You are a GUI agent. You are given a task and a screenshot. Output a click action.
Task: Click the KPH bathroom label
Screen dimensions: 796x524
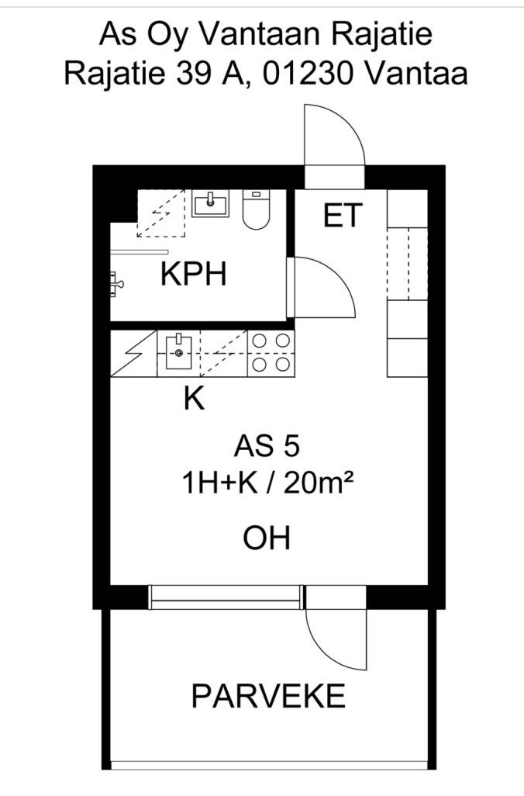[194, 275]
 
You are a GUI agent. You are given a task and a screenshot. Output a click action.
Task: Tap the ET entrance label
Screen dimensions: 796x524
[343, 216]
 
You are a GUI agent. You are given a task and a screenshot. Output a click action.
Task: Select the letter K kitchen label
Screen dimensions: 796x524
[194, 399]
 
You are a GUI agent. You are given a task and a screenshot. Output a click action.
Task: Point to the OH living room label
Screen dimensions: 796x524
[267, 538]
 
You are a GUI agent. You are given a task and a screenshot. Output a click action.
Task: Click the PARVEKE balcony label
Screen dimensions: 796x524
[268, 696]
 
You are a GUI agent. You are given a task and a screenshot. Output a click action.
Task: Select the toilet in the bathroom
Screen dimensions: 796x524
[255, 209]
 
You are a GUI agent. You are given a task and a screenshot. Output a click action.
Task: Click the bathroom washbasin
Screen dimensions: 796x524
[210, 204]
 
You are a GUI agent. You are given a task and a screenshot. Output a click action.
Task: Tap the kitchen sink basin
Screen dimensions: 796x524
[179, 353]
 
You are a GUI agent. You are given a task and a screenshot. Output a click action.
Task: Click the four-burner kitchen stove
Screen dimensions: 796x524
[271, 353]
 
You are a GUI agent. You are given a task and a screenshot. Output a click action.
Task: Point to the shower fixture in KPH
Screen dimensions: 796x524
[117, 283]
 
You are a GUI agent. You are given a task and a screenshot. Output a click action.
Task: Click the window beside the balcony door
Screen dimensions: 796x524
[224, 597]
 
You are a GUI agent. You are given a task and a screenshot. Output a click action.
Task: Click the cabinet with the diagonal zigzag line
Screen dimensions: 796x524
[133, 354]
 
